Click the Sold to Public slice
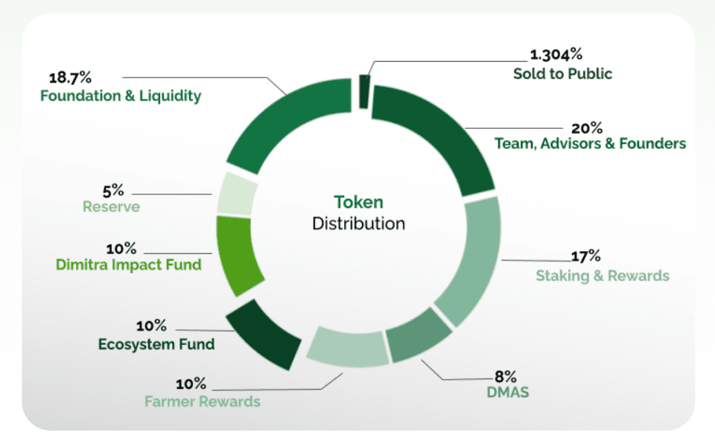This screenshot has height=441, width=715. (x=364, y=91)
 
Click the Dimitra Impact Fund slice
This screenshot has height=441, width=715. (x=238, y=254)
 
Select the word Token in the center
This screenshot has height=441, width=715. (x=358, y=202)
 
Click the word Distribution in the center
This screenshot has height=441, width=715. (x=358, y=223)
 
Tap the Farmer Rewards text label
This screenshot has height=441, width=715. (x=203, y=402)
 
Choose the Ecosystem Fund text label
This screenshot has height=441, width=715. (x=156, y=344)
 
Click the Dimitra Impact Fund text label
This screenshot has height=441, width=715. (x=129, y=264)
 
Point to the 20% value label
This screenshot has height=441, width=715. (x=586, y=127)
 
